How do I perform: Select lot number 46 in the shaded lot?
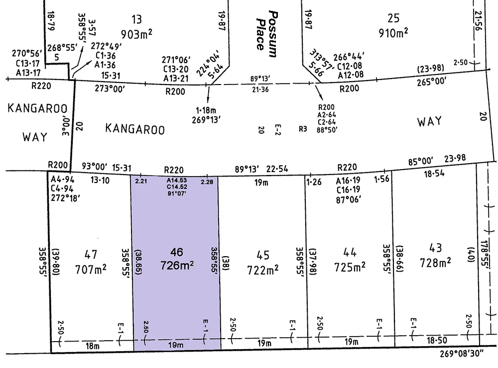coord(177,251)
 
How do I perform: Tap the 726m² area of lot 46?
coord(177,266)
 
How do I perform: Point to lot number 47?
coord(91,256)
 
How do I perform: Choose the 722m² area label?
coord(262,269)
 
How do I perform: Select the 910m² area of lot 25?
coord(393,33)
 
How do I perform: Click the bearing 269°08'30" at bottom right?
coord(466,356)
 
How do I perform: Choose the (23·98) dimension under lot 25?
coord(429,68)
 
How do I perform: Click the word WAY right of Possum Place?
coord(429,121)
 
